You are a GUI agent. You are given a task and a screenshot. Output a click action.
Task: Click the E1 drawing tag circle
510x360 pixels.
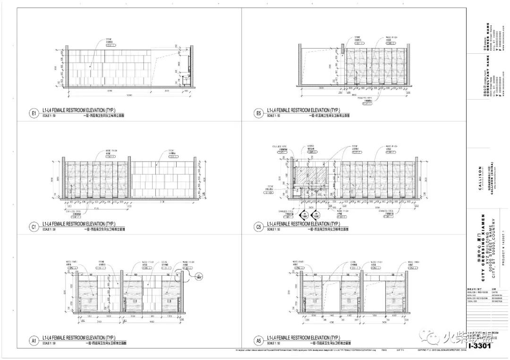(34, 113)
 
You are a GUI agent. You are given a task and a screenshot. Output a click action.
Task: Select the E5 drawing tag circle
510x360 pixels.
(258, 113)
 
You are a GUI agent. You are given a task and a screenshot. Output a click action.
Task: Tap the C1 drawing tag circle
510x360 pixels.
(34, 227)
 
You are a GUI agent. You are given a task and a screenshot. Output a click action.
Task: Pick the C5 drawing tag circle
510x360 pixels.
(258, 227)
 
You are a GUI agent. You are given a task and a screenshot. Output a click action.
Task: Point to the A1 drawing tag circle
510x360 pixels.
(34, 341)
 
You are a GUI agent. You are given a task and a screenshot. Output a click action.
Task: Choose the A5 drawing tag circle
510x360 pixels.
(258, 341)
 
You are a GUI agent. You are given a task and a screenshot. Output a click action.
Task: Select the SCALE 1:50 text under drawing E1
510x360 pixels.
(49, 116)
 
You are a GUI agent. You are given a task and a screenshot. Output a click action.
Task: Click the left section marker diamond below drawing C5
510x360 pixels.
(304, 215)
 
